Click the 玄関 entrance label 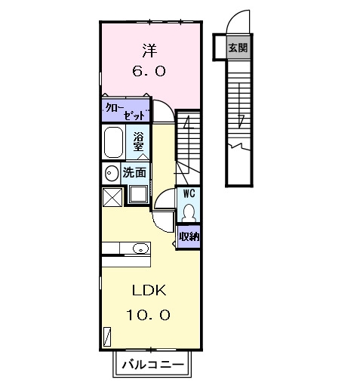tap(238, 48)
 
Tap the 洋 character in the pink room tap(149, 50)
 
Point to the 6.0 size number tap(149, 71)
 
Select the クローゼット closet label tap(125, 111)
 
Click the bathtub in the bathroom tap(113, 142)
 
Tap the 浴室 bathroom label tap(138, 142)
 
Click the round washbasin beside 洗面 tap(111, 173)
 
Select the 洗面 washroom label tap(134, 173)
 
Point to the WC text tap(189, 193)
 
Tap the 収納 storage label tap(189, 236)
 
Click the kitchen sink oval tap(140, 248)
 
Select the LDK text tap(149, 291)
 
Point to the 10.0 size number tap(148, 315)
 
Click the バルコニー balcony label tap(152, 364)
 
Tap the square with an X tap(112, 197)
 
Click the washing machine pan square tap(138, 194)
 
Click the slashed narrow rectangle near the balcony tap(107, 336)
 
